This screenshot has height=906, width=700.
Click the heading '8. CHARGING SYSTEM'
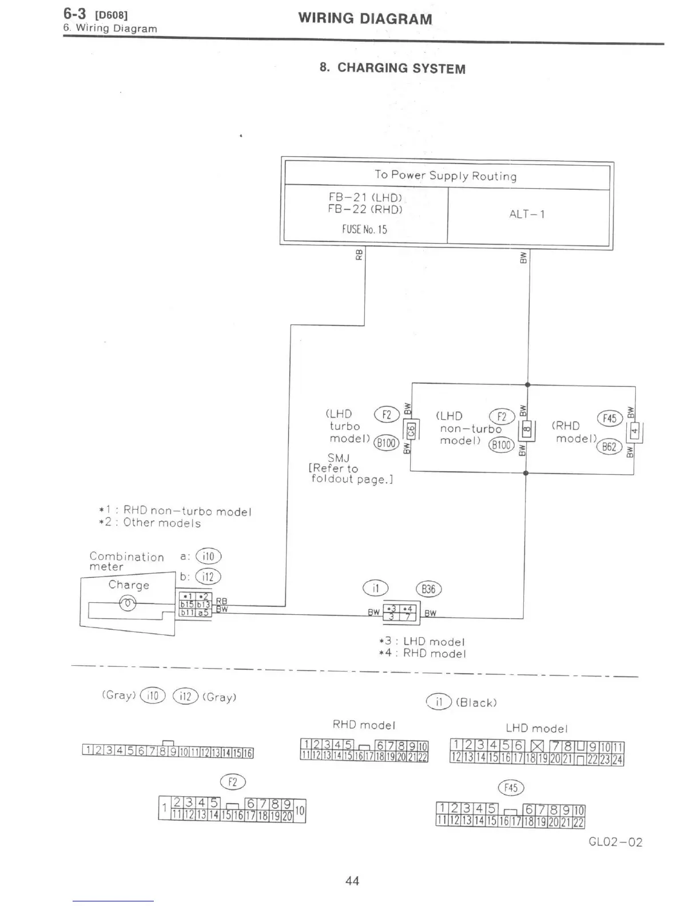pyautogui.click(x=392, y=68)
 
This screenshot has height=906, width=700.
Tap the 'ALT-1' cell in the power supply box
pyautogui.click(x=527, y=214)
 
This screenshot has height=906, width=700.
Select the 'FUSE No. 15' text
pyautogui.click(x=364, y=229)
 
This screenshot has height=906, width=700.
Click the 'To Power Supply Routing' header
pyautogui.click(x=446, y=176)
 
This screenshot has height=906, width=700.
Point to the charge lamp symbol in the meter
pyautogui.click(x=128, y=603)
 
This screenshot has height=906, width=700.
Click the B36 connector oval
pyautogui.click(x=428, y=589)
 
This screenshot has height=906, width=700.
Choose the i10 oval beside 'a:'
pyautogui.click(x=208, y=556)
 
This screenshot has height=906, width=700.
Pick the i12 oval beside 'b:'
pyautogui.click(x=208, y=577)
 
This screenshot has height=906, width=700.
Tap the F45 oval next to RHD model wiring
pyautogui.click(x=610, y=418)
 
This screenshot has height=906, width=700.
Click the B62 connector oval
pyautogui.click(x=610, y=447)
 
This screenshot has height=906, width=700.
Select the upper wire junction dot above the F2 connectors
pyautogui.click(x=527, y=385)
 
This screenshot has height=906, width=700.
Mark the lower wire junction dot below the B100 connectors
pyautogui.click(x=526, y=473)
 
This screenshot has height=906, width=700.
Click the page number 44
pyautogui.click(x=352, y=881)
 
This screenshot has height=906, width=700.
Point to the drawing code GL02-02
pyautogui.click(x=615, y=842)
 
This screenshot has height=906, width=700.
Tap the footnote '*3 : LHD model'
pyautogui.click(x=422, y=642)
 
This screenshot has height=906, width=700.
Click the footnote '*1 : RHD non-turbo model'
pyautogui.click(x=175, y=511)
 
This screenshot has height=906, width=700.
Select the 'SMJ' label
pyautogui.click(x=338, y=458)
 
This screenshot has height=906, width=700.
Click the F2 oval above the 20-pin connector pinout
pyautogui.click(x=233, y=782)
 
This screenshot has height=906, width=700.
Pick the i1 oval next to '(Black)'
pyautogui.click(x=439, y=702)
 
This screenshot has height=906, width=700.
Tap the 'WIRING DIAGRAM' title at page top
pyautogui.click(x=365, y=19)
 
